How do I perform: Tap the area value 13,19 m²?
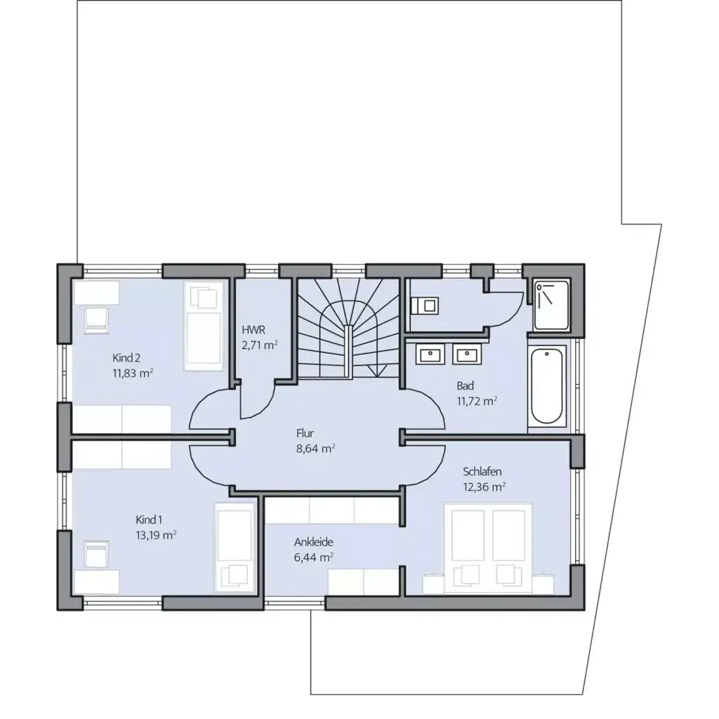pos(155,534)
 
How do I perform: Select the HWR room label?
pos(253,329)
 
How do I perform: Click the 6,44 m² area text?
pos(313,557)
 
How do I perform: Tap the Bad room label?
pos(465,385)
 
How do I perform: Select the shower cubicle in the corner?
pos(551,305)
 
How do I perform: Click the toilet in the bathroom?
pos(424,305)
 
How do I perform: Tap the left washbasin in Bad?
pos(430,355)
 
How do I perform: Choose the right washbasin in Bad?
pos(465,355)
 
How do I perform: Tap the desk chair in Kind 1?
pos(95,555)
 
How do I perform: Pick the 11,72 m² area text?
pos(477,401)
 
